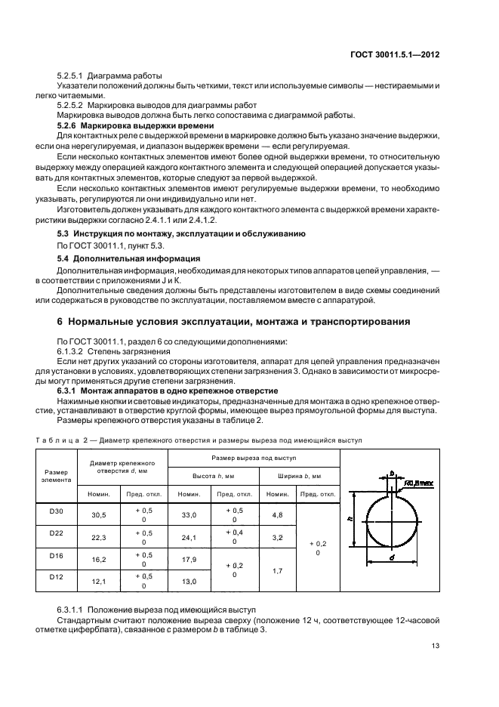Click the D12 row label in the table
click(x=57, y=576)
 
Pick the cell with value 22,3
click(x=99, y=538)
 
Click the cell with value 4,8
click(x=276, y=516)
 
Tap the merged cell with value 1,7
click(x=276, y=570)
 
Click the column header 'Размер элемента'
click(x=57, y=474)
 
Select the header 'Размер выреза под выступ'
click(x=254, y=458)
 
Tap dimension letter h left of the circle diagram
click(x=350, y=520)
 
